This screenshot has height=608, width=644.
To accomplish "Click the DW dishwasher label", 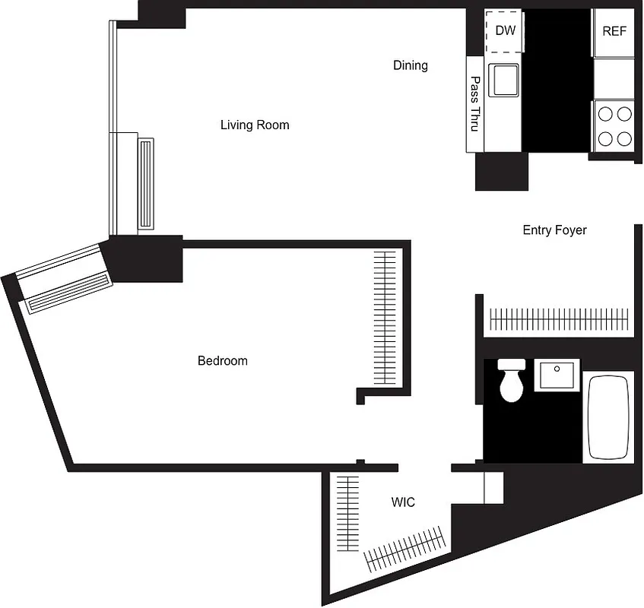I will pos(505,31).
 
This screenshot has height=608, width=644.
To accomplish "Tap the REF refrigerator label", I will pos(614,31).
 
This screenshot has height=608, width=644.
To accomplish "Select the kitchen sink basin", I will pos(503,79).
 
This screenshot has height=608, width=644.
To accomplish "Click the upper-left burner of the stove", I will pos(605,114).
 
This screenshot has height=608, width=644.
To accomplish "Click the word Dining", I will pos(410,65).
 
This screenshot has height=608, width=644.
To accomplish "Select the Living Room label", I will pos(255,125).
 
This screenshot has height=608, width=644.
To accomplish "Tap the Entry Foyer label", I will pos(554,230).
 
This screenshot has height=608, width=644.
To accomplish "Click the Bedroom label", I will pos(222,360).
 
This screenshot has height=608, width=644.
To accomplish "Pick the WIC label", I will pos(403,502).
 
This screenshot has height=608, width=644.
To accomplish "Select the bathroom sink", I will pos(557,375).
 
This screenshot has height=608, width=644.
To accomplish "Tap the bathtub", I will pos(608,417).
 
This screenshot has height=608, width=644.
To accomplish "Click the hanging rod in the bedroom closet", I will pos(385,318).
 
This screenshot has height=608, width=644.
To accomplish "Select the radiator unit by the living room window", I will pos(145,182).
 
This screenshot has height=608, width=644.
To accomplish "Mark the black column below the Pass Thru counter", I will pos(501,171).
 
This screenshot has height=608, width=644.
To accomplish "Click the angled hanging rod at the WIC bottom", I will pos(404,549).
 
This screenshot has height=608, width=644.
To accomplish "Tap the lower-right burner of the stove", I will pos(623,138).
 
